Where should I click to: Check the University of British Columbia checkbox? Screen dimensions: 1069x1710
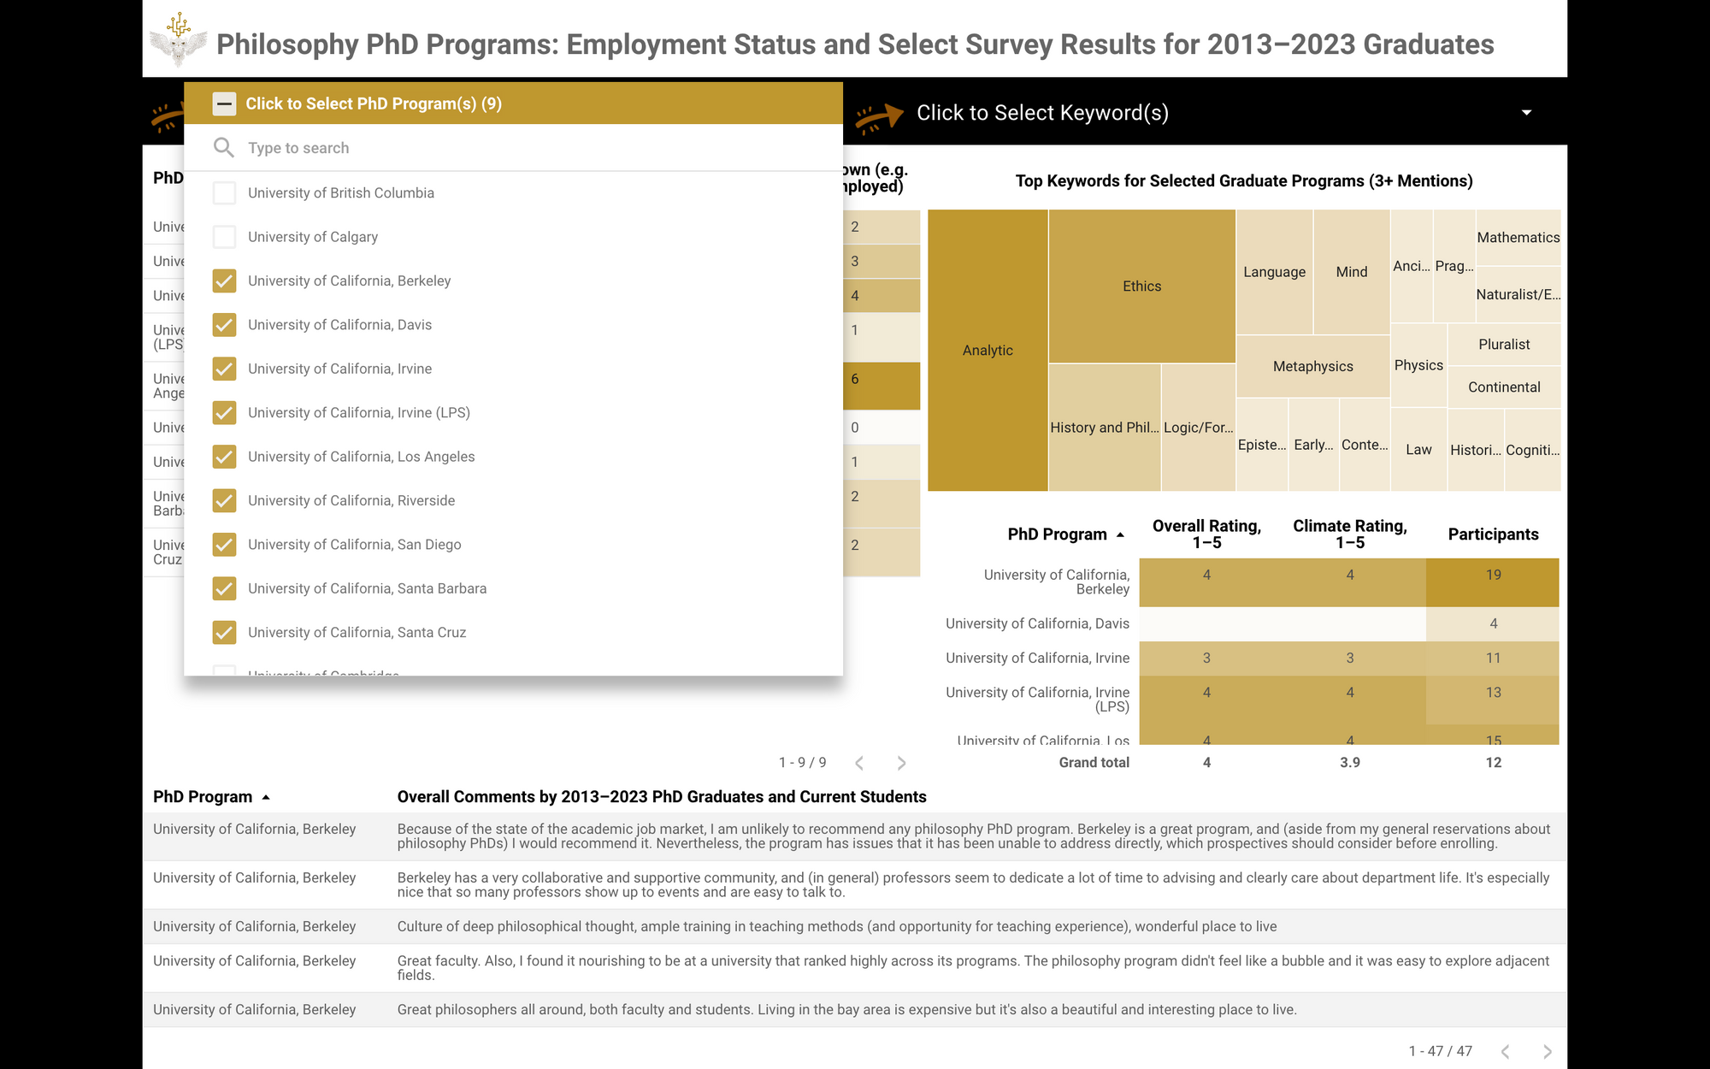click(x=224, y=193)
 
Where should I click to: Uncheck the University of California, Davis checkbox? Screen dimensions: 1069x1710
click(x=224, y=325)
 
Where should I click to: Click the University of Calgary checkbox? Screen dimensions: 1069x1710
click(x=224, y=237)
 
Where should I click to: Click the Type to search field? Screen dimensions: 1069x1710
click(x=513, y=148)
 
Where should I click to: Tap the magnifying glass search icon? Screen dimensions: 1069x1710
click(x=223, y=148)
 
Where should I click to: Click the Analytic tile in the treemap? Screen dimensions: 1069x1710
click(x=988, y=351)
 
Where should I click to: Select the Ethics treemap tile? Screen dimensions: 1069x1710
click(x=1141, y=286)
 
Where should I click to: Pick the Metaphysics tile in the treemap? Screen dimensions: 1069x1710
click(x=1312, y=367)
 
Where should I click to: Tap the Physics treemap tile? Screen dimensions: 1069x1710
click(x=1418, y=365)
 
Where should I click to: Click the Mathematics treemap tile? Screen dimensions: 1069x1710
click(x=1518, y=238)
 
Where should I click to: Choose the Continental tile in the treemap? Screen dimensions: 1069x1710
click(x=1504, y=387)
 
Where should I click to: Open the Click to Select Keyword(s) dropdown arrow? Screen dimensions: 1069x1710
click(x=1526, y=113)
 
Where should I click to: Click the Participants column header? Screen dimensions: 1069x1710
click(x=1493, y=534)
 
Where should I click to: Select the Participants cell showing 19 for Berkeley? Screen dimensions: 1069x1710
click(x=1493, y=576)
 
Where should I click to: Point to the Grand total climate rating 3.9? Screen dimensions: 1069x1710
click(x=1349, y=763)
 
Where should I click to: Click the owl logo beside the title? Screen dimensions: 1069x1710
click(x=178, y=40)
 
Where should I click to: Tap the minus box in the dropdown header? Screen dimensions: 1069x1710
click(x=224, y=104)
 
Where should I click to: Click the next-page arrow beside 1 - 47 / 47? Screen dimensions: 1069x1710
click(x=1547, y=1052)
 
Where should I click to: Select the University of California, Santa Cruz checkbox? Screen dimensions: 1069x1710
click(x=224, y=633)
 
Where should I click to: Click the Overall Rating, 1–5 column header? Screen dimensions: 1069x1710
click(x=1206, y=534)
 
